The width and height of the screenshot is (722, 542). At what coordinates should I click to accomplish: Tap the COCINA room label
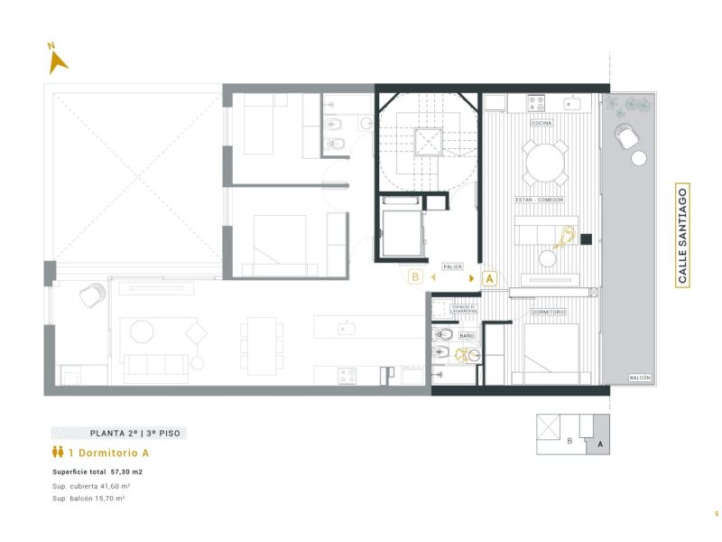pyautogui.click(x=542, y=123)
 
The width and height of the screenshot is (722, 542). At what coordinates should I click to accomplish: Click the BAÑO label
pyautogui.click(x=467, y=335)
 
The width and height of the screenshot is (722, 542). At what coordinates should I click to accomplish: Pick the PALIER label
pyautogui.click(x=452, y=267)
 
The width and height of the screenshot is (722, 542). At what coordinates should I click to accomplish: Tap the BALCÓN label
pyautogui.click(x=640, y=378)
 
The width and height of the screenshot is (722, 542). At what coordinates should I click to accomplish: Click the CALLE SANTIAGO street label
pyautogui.click(x=682, y=236)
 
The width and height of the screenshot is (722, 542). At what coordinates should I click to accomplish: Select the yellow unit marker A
pyautogui.click(x=490, y=278)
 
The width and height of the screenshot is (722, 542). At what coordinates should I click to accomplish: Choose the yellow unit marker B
pyautogui.click(x=415, y=277)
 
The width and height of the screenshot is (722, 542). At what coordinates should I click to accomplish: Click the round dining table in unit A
pyautogui.click(x=546, y=163)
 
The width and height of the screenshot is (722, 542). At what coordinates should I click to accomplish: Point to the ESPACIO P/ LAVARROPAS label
pyautogui.click(x=467, y=311)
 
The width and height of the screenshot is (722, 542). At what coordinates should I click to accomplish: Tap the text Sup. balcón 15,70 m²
pyautogui.click(x=88, y=498)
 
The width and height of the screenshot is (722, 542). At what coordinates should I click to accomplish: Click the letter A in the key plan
pyautogui.click(x=599, y=444)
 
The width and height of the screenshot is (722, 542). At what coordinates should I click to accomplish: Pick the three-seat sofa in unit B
pyautogui.click(x=156, y=364)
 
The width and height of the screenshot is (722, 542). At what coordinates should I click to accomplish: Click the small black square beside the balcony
pyautogui.click(x=586, y=239)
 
